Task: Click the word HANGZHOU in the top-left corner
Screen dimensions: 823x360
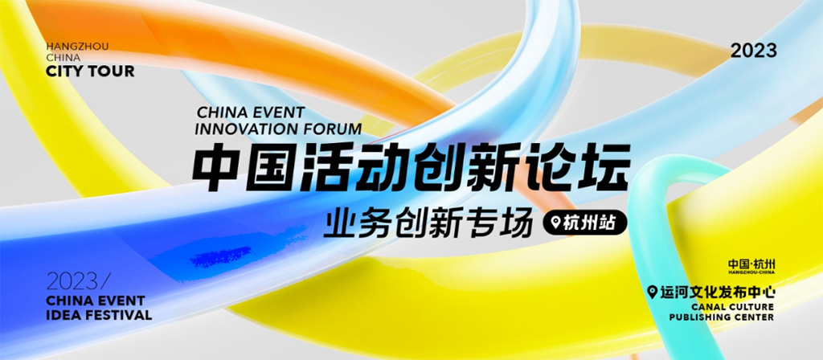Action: click(x=78, y=47)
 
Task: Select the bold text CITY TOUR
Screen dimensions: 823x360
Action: click(x=90, y=72)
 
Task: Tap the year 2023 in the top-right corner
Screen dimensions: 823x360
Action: click(x=754, y=51)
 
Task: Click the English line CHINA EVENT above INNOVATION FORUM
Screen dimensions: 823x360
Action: click(x=251, y=112)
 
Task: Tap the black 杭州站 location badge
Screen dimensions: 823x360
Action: click(x=585, y=223)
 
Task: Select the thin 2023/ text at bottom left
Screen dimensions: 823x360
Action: click(x=79, y=282)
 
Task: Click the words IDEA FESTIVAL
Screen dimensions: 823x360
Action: click(x=99, y=315)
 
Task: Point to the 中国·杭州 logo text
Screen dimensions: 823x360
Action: click(x=751, y=264)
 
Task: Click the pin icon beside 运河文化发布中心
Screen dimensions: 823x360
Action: click(x=653, y=292)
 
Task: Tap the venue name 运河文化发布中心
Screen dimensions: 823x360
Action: click(x=718, y=292)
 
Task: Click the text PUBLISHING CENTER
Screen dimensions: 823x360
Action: click(x=722, y=317)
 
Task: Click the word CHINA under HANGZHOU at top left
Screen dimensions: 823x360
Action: click(x=63, y=58)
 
